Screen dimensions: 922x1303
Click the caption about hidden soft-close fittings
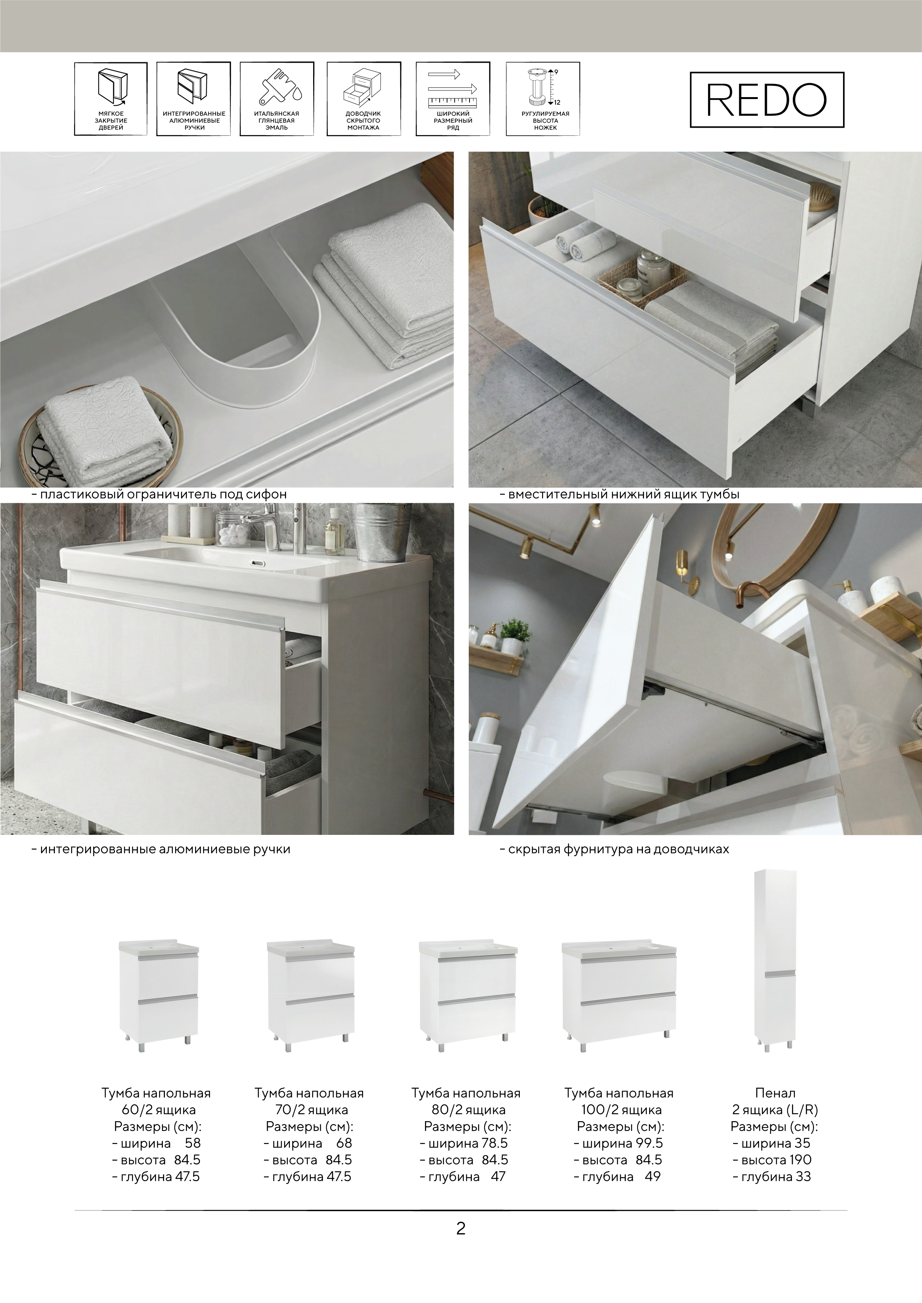[x=614, y=849]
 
